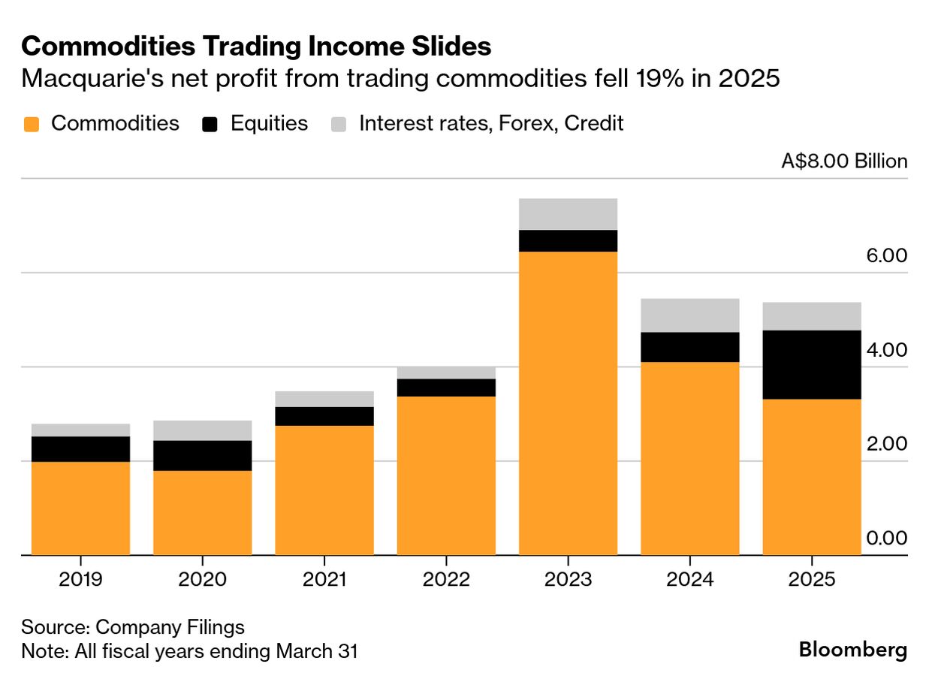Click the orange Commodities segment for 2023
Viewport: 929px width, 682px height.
pos(568,403)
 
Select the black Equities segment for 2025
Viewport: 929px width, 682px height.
pos(811,364)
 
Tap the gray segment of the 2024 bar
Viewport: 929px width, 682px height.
pos(689,315)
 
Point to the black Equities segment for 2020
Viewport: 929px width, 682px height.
pos(202,455)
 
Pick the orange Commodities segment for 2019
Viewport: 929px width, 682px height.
pos(80,508)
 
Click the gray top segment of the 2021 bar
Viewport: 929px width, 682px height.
pos(324,399)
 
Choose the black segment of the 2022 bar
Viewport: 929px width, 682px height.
pos(446,387)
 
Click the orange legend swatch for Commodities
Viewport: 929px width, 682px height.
pos(31,125)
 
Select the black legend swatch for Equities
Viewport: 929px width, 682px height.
pos(210,125)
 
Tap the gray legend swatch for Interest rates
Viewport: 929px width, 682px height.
pos(339,125)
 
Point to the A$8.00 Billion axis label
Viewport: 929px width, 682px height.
pos(844,161)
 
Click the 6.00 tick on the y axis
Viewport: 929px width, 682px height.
pos(886,256)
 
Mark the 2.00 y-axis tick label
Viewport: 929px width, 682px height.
pos(886,444)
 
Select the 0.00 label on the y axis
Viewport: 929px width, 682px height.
pos(886,539)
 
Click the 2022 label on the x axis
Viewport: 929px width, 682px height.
pos(446,580)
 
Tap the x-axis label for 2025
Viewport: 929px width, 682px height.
pos(811,580)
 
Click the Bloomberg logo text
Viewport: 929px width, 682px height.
pos(852,650)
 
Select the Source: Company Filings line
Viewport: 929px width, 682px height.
pos(133,627)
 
